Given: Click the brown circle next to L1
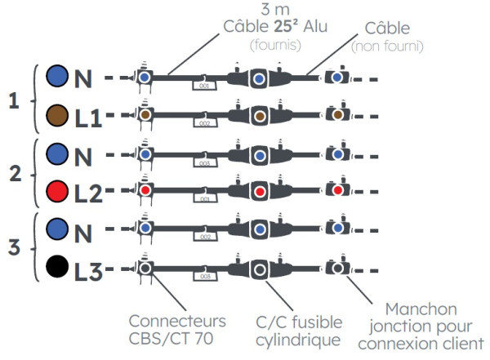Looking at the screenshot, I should pyautogui.click(x=57, y=115).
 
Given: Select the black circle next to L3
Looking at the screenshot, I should pyautogui.click(x=57, y=267).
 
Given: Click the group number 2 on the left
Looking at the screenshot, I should pyautogui.click(x=13, y=173).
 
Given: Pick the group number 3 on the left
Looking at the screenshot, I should pyautogui.click(x=13, y=248).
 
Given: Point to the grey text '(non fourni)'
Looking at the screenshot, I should pyautogui.click(x=386, y=47).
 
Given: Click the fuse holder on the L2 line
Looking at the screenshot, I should pyautogui.click(x=259, y=192).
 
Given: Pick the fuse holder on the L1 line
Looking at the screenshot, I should pyautogui.click(x=259, y=116).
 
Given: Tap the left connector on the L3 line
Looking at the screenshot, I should pyautogui.click(x=145, y=267).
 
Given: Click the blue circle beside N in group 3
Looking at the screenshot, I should pyautogui.click(x=57, y=230).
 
